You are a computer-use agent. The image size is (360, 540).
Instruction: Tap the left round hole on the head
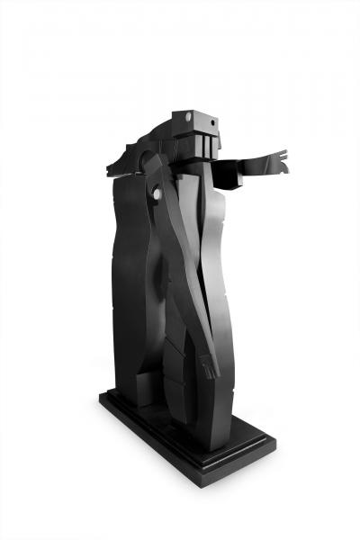point(188,116)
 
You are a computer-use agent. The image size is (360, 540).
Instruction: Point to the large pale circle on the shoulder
point(159,194)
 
